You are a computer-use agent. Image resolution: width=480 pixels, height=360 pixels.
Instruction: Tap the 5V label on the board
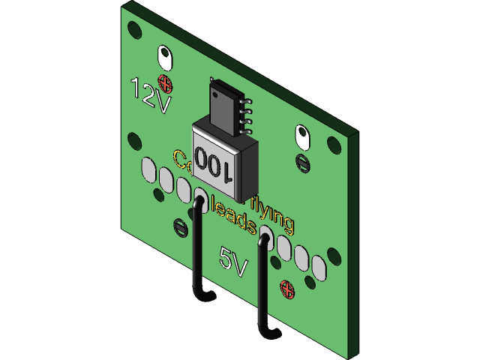click(x=233, y=260)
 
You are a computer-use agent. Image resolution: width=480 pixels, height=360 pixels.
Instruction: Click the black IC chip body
click(x=225, y=108)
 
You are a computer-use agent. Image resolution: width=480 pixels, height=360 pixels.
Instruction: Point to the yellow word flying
click(x=271, y=214)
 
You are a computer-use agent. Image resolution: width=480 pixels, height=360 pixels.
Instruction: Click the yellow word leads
click(x=235, y=218)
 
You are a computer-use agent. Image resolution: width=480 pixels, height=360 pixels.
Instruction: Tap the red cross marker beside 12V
click(x=165, y=82)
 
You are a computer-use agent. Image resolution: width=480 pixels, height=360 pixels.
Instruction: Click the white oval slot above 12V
click(x=164, y=57)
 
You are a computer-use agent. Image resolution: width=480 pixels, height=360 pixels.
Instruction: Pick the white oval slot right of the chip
click(x=302, y=136)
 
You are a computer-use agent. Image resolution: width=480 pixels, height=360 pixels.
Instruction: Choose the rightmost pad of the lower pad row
click(x=319, y=267)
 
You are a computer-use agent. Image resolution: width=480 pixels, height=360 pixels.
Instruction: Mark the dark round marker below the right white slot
click(x=302, y=161)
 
